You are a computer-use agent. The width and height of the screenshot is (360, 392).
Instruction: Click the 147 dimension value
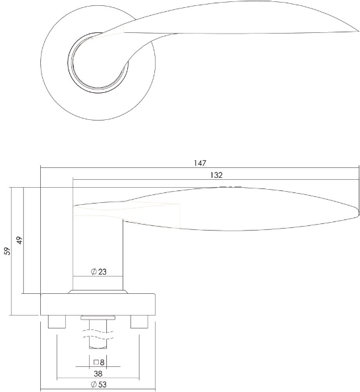(200, 163)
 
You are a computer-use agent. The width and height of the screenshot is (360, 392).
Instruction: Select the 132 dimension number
(216, 175)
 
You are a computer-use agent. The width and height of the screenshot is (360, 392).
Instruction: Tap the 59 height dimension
(8, 251)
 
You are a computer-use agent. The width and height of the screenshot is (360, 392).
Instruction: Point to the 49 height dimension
(20, 240)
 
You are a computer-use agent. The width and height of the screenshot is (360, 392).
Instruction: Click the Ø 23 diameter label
(98, 271)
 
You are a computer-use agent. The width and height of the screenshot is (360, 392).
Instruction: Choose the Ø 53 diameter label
(98, 384)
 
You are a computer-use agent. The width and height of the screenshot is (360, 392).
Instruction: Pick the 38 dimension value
(98, 374)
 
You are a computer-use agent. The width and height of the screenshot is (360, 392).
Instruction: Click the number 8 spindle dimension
(102, 362)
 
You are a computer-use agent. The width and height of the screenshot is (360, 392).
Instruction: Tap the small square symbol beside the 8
(96, 362)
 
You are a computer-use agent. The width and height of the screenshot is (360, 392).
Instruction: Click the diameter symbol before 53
(94, 384)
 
